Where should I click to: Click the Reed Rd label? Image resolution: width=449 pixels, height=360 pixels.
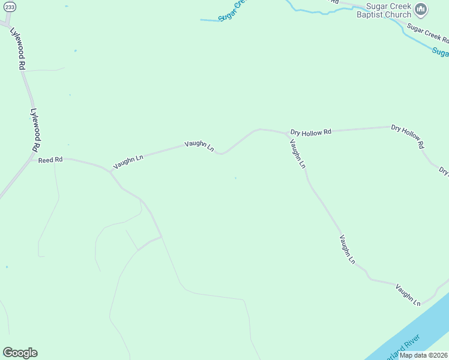coord(50,160)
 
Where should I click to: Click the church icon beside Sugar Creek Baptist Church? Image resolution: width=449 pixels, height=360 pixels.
coord(421,9)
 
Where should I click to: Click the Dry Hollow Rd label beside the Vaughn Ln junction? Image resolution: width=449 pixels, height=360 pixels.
coord(311,131)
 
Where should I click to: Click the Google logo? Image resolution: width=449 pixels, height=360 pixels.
coord(20,353)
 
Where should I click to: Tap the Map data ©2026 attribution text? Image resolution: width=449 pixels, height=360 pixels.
coord(423,355)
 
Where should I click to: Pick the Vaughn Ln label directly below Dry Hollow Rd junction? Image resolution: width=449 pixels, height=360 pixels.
coord(298,154)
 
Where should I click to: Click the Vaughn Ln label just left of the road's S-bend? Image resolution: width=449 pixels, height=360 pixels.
coord(199,145)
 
